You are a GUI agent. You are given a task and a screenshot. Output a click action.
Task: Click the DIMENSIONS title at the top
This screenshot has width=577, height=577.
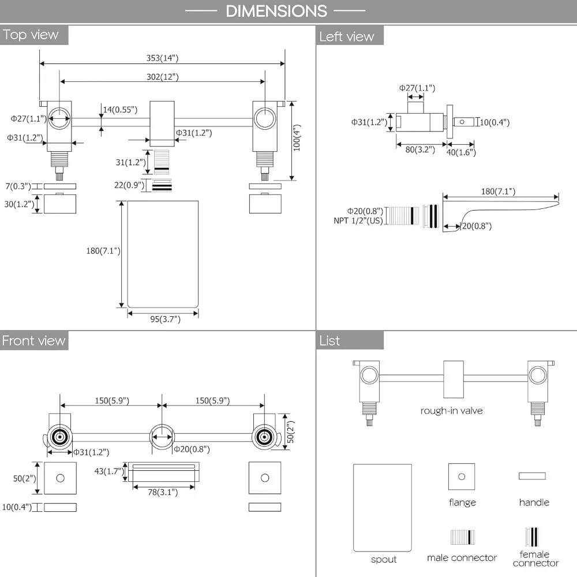[x=276, y=11]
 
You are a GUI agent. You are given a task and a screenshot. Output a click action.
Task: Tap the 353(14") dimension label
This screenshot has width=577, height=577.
[x=162, y=58]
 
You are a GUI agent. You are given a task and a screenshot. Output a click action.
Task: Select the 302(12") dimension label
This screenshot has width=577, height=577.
[x=163, y=77]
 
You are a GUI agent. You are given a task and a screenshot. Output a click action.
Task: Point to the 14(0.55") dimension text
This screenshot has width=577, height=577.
[x=120, y=109]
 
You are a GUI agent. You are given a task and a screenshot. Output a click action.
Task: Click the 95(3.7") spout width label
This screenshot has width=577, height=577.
[x=165, y=319]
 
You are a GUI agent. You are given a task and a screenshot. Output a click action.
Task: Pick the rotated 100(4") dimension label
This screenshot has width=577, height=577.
[x=297, y=138]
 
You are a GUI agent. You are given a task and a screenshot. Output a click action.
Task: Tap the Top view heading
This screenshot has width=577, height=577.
[x=31, y=35]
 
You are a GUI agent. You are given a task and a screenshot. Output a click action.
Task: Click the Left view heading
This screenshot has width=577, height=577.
[x=347, y=36]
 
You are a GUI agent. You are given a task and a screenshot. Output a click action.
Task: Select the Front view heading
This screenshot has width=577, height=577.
[x=33, y=340]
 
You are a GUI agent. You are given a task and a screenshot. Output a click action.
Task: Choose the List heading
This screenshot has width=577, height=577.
[x=329, y=340]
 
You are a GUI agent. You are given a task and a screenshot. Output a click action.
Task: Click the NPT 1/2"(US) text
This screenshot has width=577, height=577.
[x=358, y=220]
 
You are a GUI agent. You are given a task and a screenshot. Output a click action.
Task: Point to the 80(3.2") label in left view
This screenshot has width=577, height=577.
[x=420, y=149]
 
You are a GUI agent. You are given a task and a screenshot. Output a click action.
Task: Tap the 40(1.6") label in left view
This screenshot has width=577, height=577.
[x=461, y=152]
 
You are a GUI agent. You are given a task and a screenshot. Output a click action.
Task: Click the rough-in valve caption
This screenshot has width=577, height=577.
[x=452, y=410]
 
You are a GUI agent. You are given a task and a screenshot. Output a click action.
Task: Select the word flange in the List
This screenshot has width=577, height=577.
[x=463, y=503]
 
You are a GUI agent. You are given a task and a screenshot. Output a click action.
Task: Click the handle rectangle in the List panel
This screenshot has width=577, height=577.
[x=532, y=476]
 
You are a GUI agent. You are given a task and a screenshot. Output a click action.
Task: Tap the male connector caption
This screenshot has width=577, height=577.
[x=462, y=557]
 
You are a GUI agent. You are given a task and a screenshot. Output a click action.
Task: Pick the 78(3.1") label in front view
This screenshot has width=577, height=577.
[x=163, y=492]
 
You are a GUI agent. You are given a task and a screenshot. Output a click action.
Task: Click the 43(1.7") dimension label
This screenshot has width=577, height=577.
[x=109, y=471]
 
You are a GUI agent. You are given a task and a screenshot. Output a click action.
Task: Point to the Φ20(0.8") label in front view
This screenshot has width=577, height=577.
[x=192, y=449]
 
